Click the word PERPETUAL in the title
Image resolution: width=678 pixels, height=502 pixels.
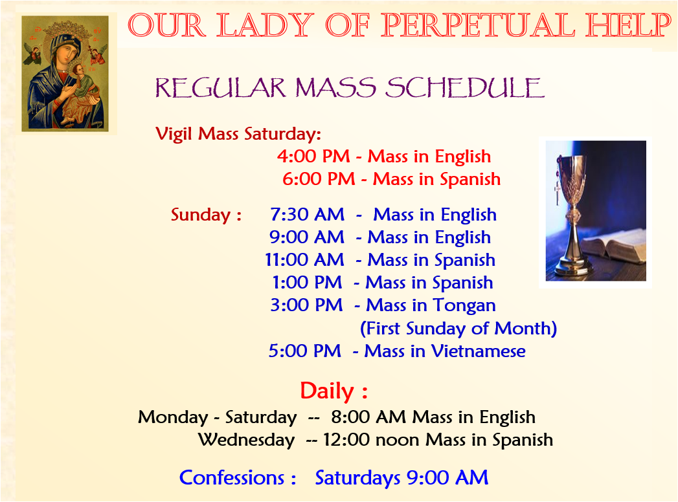tap(478, 25)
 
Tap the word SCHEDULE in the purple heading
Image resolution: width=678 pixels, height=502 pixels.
tap(464, 88)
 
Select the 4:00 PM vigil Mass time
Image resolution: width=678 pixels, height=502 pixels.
tap(313, 157)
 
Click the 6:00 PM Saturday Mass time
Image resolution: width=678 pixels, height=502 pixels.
tap(319, 179)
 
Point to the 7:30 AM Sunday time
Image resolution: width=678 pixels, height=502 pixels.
tap(307, 215)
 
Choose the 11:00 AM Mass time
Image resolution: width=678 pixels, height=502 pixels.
tap(304, 260)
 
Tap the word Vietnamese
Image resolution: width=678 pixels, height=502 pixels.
tap(479, 351)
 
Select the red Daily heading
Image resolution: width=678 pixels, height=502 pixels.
tap(333, 391)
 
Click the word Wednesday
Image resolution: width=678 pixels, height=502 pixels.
tap(247, 441)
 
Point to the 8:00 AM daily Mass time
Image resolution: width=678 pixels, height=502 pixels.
tap(368, 417)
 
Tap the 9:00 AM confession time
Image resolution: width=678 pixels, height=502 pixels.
tap(447, 478)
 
